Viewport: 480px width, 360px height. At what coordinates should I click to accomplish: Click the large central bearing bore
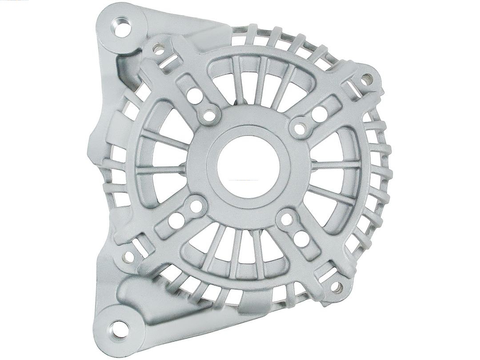pos(248,165)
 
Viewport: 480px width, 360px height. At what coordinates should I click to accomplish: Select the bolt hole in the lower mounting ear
pos(118,328)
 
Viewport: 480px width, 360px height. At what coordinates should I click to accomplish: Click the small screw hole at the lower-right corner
pos(336,288)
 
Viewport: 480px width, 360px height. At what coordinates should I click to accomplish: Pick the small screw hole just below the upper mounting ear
pos(158,49)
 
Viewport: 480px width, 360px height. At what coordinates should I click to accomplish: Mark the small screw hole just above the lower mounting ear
pos(129,256)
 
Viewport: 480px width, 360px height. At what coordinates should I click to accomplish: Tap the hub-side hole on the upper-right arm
pos(300,128)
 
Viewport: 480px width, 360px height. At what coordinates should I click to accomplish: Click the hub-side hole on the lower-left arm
pos(196,205)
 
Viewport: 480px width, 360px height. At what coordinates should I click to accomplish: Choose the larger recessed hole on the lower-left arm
pos(177,220)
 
